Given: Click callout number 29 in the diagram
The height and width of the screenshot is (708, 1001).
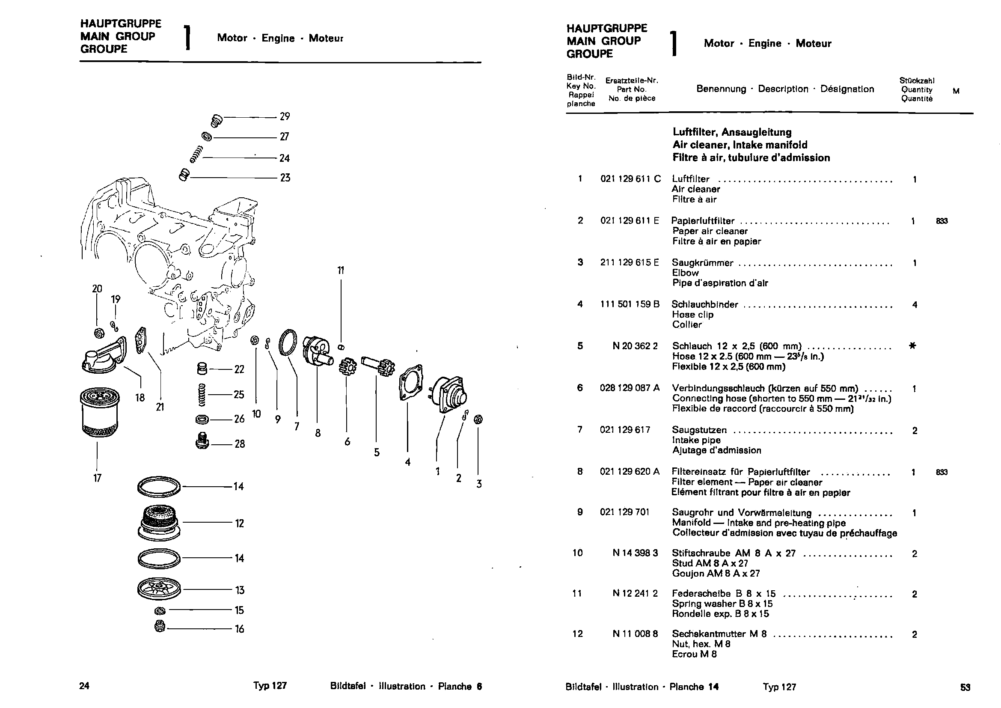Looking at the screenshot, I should point(285,116).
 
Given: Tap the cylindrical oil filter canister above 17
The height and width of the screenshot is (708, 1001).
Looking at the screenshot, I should point(99,411).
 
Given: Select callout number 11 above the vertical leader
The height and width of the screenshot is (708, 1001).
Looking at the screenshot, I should point(341,271).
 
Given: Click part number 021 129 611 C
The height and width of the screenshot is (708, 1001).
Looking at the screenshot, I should point(630,179).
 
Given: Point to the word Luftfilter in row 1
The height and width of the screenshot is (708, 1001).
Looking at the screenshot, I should point(691,179).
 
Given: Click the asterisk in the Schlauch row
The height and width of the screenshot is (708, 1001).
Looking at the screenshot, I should point(912,346).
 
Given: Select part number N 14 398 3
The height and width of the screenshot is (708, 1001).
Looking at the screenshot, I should point(635,553).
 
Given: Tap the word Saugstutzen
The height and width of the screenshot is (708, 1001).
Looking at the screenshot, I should point(699,430).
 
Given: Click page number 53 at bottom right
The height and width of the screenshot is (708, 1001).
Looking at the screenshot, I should point(965,687).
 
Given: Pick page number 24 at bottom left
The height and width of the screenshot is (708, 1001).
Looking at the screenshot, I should point(84,686).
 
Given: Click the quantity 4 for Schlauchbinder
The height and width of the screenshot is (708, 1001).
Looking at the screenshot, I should point(914,305).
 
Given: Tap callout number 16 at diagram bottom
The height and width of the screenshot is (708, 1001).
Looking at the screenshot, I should point(239,629).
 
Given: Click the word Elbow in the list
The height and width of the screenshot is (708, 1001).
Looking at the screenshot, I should point(685,273).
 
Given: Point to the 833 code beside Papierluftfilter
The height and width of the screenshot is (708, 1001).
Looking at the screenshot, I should point(942,221).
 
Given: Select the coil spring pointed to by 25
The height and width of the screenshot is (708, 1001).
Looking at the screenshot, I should point(202,394).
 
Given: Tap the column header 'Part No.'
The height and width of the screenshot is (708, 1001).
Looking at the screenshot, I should point(631,89).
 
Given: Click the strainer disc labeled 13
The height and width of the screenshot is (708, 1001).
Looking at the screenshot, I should point(158,590).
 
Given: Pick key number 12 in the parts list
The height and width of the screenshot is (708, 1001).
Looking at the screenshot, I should point(577,634).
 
